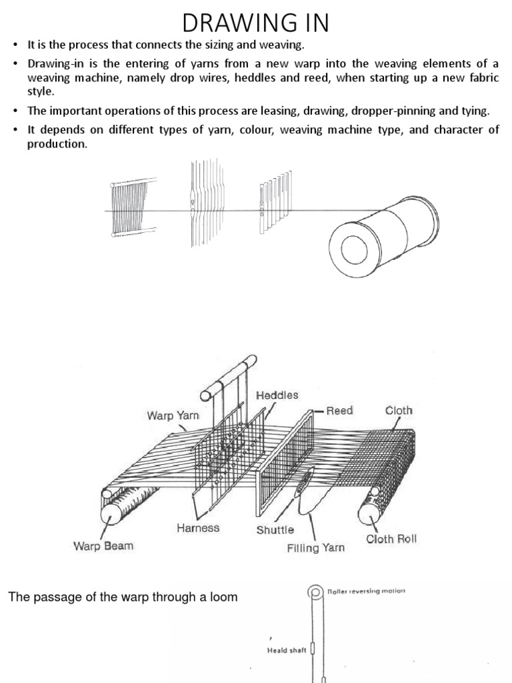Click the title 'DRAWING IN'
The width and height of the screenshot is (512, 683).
pyautogui.click(x=256, y=23)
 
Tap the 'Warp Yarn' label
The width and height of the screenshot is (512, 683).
pyautogui.click(x=173, y=416)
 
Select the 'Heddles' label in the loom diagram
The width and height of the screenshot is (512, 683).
pyautogui.click(x=277, y=396)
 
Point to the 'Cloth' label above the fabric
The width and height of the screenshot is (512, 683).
pyautogui.click(x=399, y=410)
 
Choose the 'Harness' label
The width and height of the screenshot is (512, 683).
pyautogui.click(x=198, y=528)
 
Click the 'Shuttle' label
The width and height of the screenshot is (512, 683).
pyautogui.click(x=275, y=530)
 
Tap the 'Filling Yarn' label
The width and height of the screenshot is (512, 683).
pyautogui.click(x=315, y=548)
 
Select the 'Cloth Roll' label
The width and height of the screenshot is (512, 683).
pyautogui.click(x=391, y=539)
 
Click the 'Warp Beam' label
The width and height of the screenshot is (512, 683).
pyautogui.click(x=103, y=546)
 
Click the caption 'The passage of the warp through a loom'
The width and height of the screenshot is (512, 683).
pyautogui.click(x=123, y=597)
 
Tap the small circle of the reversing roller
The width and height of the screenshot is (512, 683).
pyautogui.click(x=313, y=592)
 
